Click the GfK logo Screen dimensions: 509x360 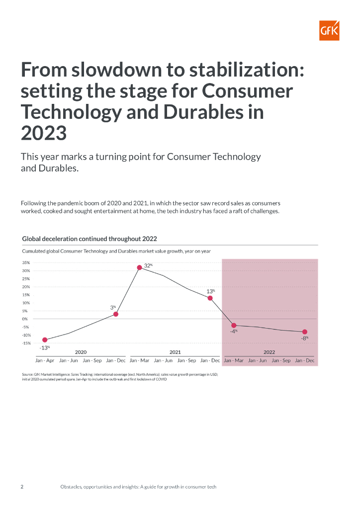tap(329, 31)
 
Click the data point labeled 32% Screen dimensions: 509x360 tap(140, 267)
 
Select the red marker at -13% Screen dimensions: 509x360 tap(45, 340)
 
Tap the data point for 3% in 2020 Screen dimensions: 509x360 tap(116, 314)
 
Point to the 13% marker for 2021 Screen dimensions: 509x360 tap(210, 298)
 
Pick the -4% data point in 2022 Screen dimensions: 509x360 tap(234, 326)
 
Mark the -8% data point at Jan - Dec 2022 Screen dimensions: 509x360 tap(305, 332)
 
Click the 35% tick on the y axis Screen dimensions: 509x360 tap(26, 262)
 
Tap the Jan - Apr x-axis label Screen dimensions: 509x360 tap(45, 360)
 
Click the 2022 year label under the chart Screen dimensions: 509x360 tap(269, 352)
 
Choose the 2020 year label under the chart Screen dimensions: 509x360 tap(81, 352)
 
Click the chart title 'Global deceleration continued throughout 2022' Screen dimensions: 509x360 tap(90, 239)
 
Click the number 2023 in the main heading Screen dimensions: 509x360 tap(44, 133)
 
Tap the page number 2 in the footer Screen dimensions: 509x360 tap(22, 487)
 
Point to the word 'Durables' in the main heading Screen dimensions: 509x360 tap(202, 112)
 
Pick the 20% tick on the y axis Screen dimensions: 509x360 tap(26, 287)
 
